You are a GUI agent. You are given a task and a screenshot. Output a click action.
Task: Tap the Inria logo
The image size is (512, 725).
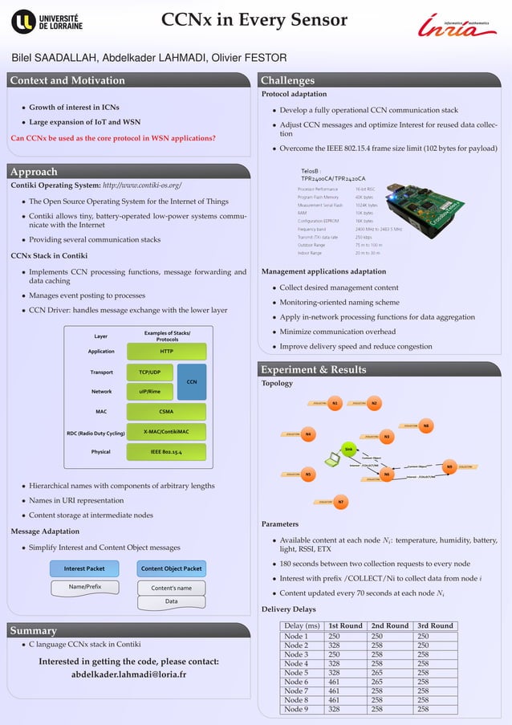pyautogui.click(x=461, y=26)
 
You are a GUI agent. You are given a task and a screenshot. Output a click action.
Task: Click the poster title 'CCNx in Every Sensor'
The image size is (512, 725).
pyautogui.click(x=254, y=20)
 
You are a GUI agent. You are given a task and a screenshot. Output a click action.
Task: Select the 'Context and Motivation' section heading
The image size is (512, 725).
pyautogui.click(x=67, y=80)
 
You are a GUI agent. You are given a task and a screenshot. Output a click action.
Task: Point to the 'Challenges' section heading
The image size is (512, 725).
pyautogui.click(x=287, y=80)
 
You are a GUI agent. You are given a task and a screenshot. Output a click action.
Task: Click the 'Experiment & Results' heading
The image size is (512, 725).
pyautogui.click(x=313, y=369)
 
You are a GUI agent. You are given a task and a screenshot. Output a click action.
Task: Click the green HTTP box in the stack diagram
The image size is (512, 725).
pyautogui.click(x=167, y=352)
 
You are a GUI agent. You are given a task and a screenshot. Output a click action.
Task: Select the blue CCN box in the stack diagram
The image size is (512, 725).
pyautogui.click(x=191, y=382)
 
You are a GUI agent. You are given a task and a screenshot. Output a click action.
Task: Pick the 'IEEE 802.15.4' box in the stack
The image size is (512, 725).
pyautogui.click(x=167, y=452)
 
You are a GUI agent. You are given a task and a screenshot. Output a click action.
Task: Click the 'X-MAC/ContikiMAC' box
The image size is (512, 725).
pyautogui.click(x=167, y=432)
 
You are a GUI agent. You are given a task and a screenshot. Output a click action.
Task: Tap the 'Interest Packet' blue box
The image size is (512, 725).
pyautogui.click(x=84, y=568)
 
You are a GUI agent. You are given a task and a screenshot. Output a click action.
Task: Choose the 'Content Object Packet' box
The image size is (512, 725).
pyautogui.click(x=171, y=568)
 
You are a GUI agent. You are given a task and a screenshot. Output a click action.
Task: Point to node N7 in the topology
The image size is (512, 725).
pyautogui.click(x=341, y=503)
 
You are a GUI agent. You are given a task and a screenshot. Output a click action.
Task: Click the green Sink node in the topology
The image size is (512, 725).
pyautogui.click(x=348, y=449)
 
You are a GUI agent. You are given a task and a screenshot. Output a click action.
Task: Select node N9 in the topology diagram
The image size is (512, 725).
pyautogui.click(x=449, y=466)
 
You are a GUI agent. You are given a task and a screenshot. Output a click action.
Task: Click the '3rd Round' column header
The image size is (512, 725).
pyautogui.click(x=435, y=625)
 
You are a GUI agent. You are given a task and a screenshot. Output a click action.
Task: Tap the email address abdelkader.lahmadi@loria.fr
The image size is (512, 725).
pyautogui.click(x=128, y=674)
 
